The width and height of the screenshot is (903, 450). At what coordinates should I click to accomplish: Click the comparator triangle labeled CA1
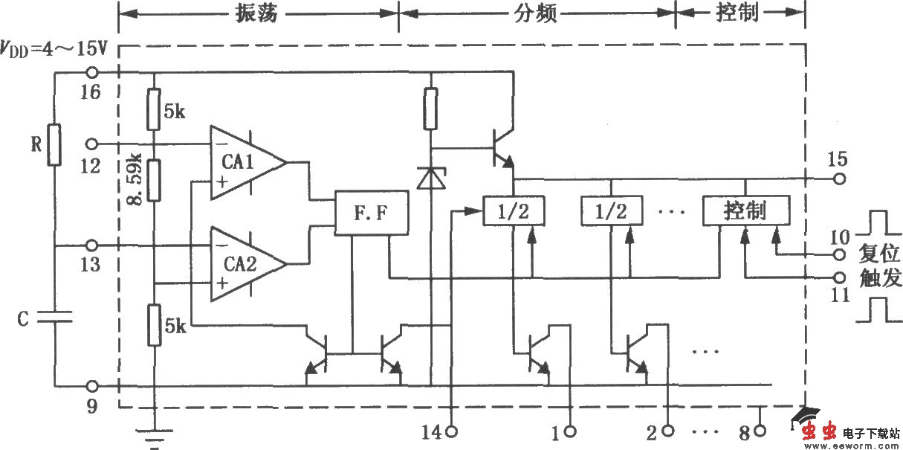point(245,162)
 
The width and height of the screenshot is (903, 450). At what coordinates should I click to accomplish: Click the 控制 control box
point(745,212)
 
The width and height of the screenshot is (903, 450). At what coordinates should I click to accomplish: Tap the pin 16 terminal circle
point(92,73)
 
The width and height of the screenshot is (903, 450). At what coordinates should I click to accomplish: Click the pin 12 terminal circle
point(92,143)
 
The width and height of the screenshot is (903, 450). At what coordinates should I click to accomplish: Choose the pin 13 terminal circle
point(92,245)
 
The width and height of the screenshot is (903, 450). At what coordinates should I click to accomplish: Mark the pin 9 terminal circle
point(92,387)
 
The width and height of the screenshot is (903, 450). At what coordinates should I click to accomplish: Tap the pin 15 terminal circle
point(840,179)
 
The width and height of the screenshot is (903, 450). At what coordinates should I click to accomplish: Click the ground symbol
point(154,435)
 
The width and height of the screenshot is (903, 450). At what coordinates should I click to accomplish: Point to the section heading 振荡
point(256,13)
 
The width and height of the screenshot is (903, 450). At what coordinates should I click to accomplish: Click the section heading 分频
point(535,13)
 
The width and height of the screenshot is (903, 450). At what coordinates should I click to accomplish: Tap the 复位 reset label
point(880,251)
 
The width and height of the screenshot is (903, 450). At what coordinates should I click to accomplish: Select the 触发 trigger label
point(880,278)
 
